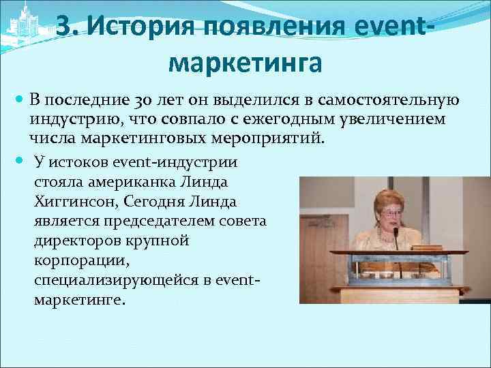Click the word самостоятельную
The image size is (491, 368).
[x=387, y=100]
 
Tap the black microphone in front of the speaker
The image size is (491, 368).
[x=396, y=235]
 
